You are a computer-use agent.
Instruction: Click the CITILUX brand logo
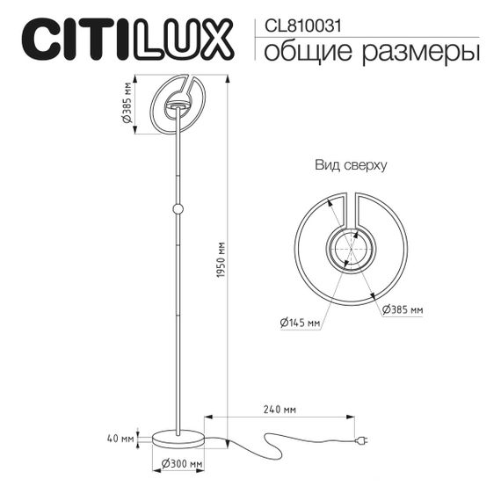coord(127,40)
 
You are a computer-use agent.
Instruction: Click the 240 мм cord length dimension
coord(278,409)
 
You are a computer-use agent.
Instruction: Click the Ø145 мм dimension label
coord(300,323)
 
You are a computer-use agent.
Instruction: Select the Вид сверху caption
coord(351,164)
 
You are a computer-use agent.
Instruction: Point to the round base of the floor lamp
coord(178,437)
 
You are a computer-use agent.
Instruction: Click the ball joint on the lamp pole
coord(178,209)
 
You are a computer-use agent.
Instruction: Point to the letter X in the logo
coord(214,40)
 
